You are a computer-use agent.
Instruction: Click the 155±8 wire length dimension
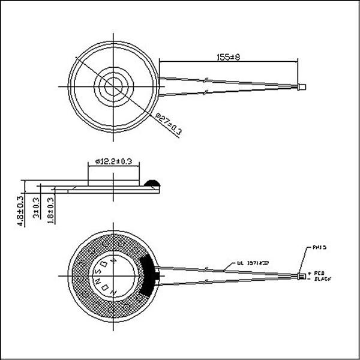click(x=229, y=57)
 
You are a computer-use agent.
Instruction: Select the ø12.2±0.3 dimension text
click(x=113, y=161)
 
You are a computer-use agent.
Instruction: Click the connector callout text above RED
click(x=319, y=247)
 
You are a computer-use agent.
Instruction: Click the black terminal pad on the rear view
click(x=150, y=275)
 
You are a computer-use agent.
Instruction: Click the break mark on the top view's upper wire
click(x=206, y=80)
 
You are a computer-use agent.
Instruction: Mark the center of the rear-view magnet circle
click(x=115, y=275)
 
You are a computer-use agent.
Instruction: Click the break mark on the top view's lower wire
click(x=206, y=91)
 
